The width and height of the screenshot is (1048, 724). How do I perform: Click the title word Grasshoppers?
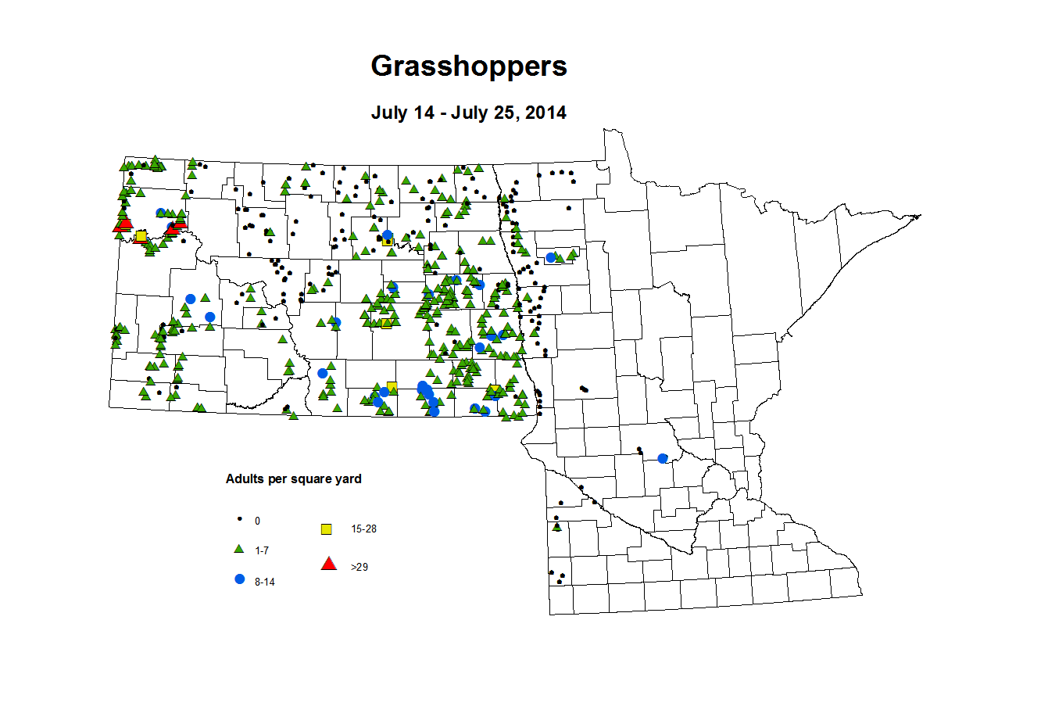click(469, 66)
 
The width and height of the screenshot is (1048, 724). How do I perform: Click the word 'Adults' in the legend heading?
click(245, 479)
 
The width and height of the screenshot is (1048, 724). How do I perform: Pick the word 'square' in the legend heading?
click(311, 479)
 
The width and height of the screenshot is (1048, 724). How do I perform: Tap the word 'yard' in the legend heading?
click(348, 479)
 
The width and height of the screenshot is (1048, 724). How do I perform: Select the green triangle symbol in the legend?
click(240, 550)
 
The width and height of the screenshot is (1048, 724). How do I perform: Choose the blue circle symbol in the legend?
click(240, 579)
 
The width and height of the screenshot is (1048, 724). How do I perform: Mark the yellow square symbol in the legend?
click(327, 529)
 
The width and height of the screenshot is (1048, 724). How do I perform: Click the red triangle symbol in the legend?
click(329, 564)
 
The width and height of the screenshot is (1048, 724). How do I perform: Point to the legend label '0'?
click(258, 521)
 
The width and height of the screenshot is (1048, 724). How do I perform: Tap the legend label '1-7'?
click(262, 551)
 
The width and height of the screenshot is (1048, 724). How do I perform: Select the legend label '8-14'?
click(265, 582)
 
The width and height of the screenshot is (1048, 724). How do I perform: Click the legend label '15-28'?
click(363, 529)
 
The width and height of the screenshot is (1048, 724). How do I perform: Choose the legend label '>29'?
click(359, 568)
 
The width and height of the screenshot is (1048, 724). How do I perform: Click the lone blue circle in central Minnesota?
click(663, 458)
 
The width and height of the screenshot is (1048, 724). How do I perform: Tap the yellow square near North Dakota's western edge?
click(141, 236)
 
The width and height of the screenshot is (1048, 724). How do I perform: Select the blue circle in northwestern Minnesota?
click(550, 257)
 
